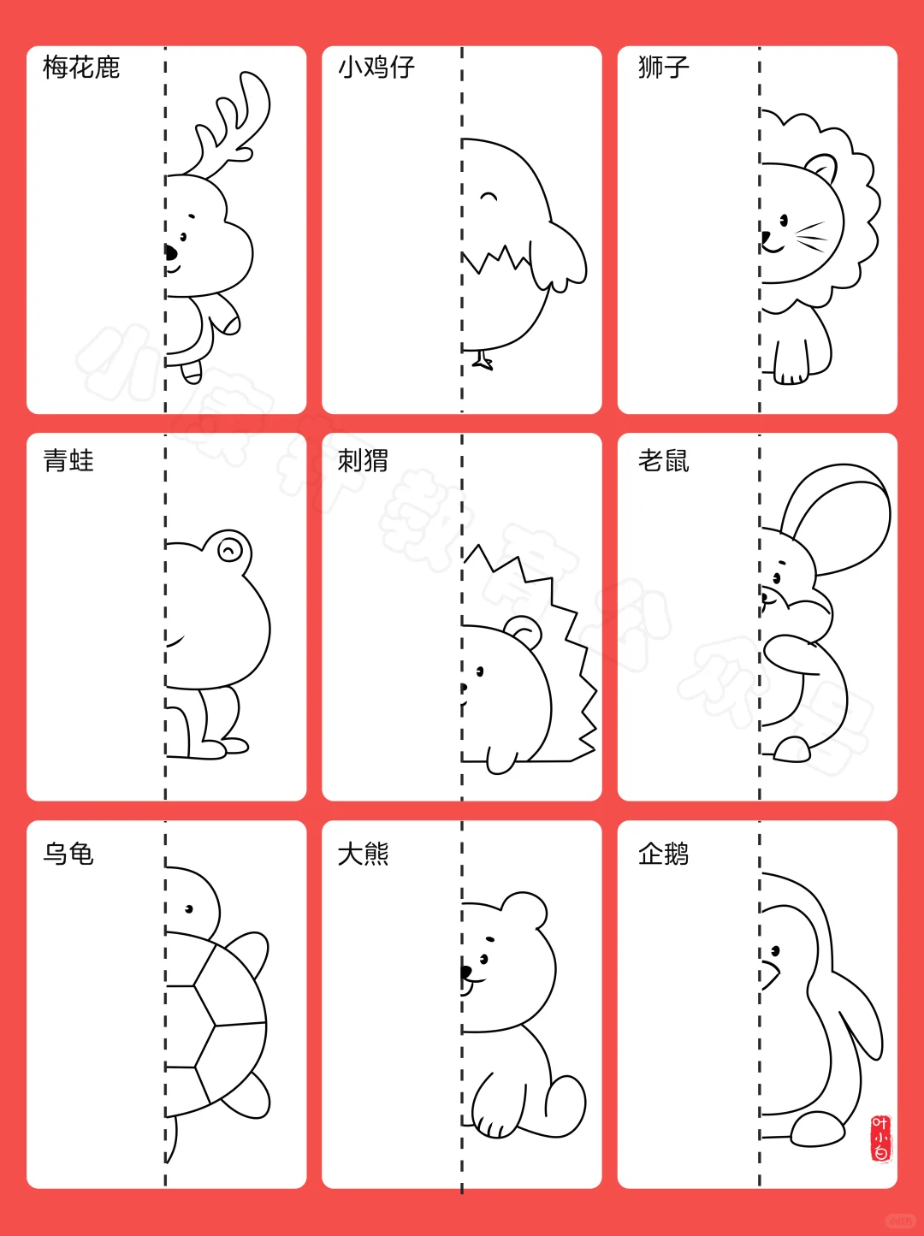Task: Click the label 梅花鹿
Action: [81, 67]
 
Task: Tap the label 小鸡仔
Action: [376, 67]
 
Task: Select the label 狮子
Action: [663, 67]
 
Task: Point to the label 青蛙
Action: [68, 461]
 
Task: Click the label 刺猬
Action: [363, 461]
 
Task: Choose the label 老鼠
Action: [663, 461]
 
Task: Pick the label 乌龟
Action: [68, 854]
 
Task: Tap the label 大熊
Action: [363, 854]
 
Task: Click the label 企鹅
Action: [663, 854]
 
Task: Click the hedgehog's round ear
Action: [523, 632]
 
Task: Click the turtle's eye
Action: [189, 909]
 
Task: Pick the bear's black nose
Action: [466, 972]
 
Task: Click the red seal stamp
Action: [880, 1138]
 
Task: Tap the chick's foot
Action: [483, 361]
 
